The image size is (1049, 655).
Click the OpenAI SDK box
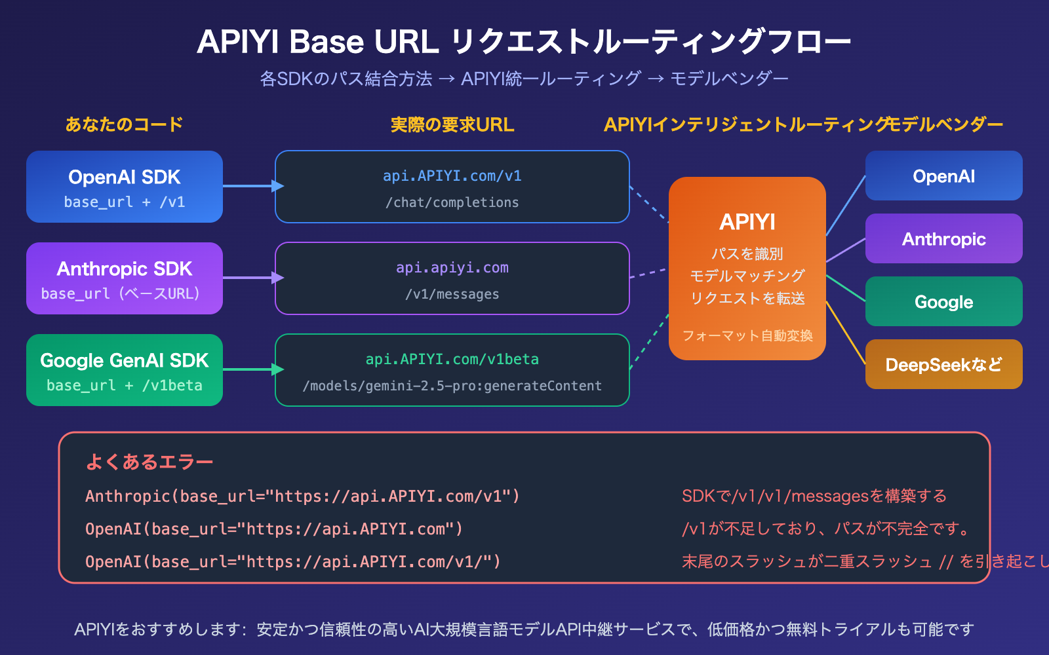pos(125,187)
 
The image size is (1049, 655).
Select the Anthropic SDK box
pos(125,278)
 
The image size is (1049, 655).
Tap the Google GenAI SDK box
pos(125,370)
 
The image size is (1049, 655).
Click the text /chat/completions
pos(452,202)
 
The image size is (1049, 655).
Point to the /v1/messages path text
pos(452,294)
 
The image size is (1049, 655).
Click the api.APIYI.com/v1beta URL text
pos(452,359)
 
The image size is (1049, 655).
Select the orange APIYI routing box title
pos(747,222)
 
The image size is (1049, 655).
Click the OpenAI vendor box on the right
pos(943,176)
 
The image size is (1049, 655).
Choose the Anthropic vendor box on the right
pos(943,238)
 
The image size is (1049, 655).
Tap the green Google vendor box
pos(943,301)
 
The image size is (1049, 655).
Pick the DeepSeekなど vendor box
pos(943,364)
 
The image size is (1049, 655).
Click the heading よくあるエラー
pos(149,462)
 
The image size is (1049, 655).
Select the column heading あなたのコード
pos(124,124)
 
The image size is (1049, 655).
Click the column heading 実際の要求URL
pos(452,124)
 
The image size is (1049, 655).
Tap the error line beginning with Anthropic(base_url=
pos(302,496)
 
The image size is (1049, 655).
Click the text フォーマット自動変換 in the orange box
pos(747,335)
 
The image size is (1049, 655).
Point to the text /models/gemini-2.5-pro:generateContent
pos(452,386)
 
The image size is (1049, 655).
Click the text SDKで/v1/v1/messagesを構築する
pos(814,496)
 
